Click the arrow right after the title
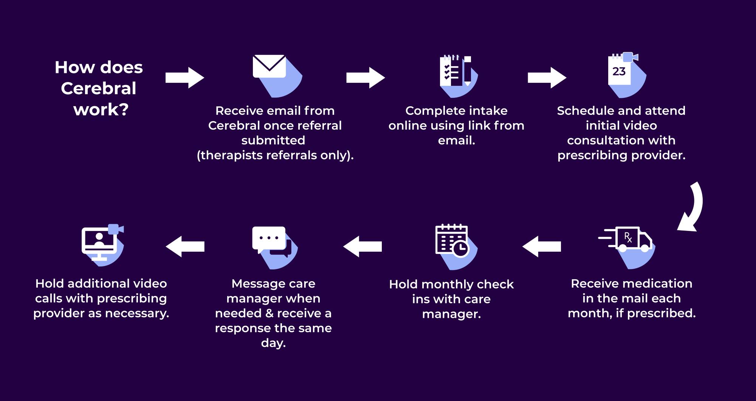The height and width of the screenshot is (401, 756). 185,78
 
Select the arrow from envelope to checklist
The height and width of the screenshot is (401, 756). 366,78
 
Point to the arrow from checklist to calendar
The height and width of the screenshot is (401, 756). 547,78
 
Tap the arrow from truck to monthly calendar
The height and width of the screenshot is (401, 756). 542,247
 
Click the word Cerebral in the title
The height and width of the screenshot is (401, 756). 99,88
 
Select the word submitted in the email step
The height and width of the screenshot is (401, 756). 273,140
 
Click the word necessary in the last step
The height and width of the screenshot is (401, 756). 137,313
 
